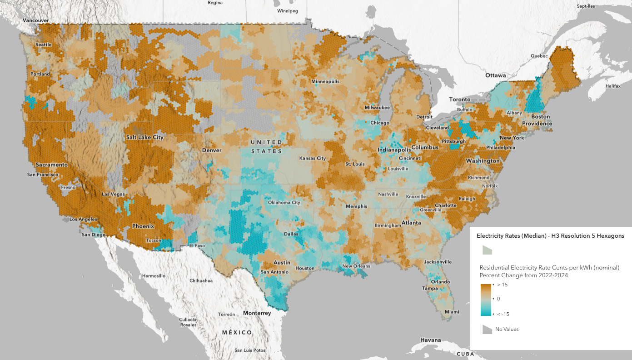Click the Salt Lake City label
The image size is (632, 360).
pos(145,137)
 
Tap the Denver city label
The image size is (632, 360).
pos(212,150)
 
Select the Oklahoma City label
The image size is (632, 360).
pos(284,203)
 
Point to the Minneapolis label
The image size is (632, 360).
pos(325,81)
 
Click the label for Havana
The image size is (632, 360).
pos(430,340)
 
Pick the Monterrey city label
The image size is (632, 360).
pos(257,313)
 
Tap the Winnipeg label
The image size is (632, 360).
pos(287,10)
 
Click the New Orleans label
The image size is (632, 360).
pos(356,266)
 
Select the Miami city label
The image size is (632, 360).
pos(452,312)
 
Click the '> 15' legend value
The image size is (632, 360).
pos(502,285)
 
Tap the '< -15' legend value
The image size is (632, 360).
pos(503,314)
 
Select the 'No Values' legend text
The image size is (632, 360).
pos(507,329)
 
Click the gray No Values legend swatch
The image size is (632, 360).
pos(487,329)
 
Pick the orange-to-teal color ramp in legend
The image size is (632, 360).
pos(487,300)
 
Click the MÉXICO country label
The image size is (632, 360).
pos(237,333)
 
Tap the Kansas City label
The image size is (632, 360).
pos(312,158)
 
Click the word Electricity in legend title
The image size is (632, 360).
pos(490,236)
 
